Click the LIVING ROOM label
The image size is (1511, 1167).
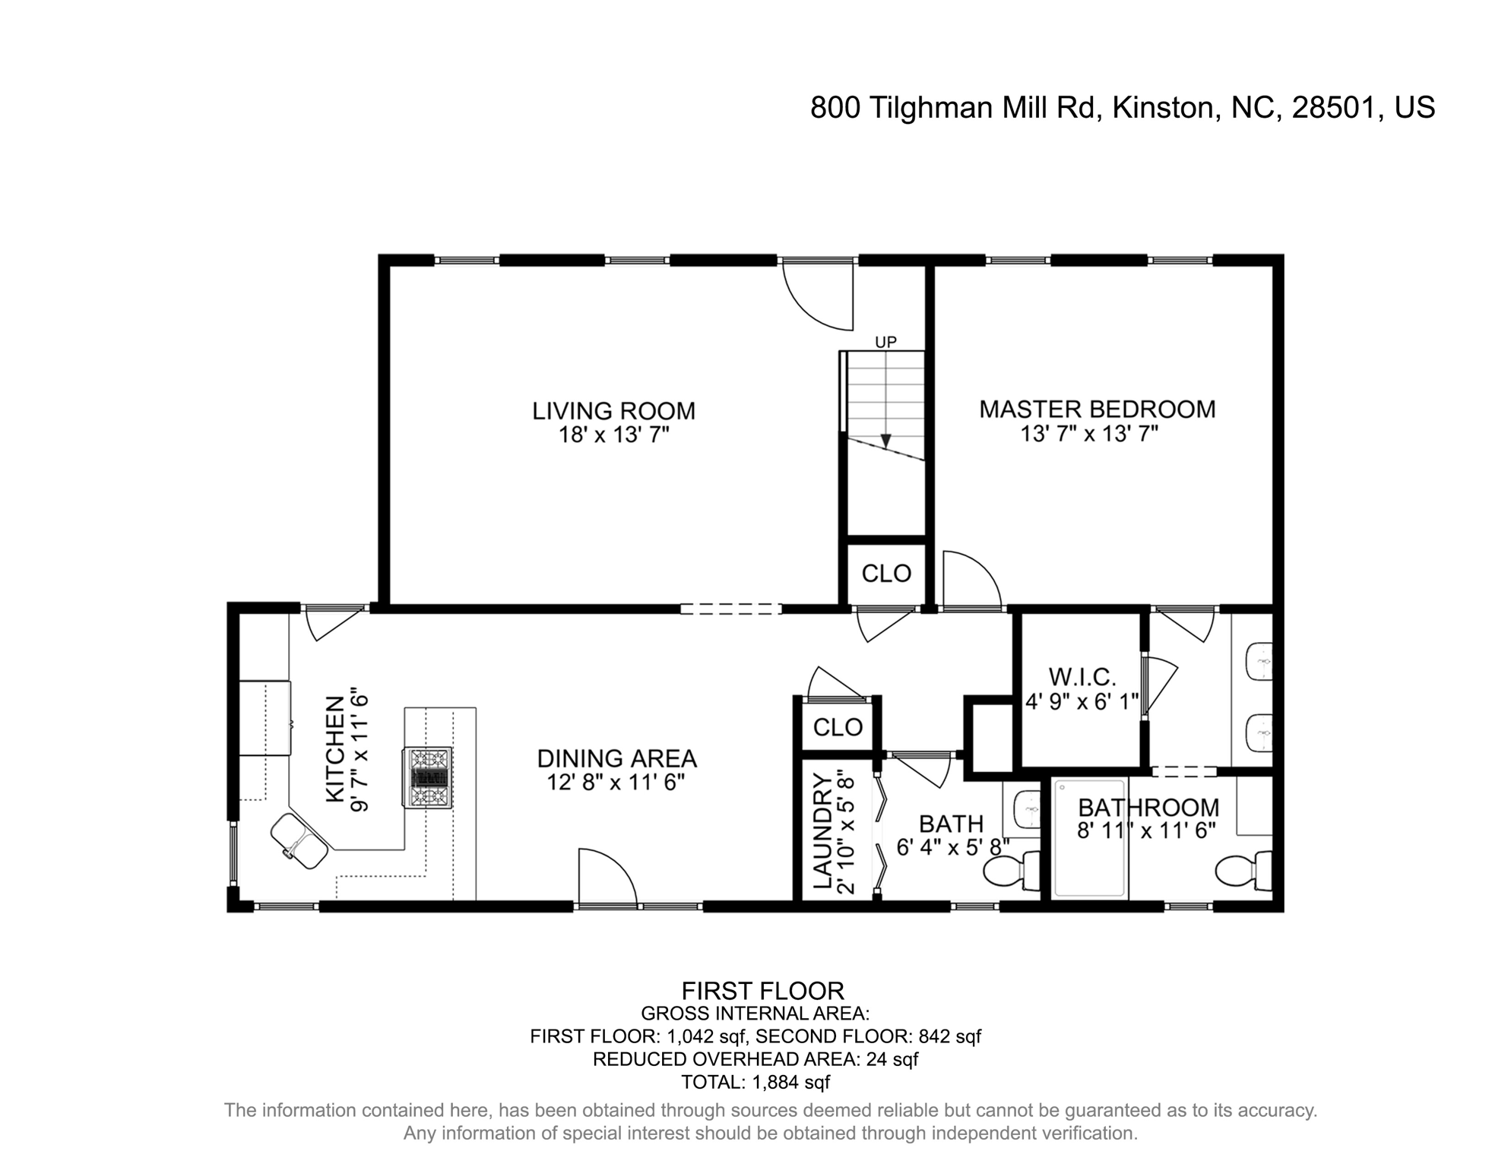[613, 411]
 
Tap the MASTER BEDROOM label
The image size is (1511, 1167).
[1097, 410]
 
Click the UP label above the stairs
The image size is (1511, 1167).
[885, 343]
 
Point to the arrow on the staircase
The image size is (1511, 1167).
[885, 440]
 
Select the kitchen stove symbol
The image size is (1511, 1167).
[427, 777]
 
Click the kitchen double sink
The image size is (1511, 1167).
[299, 841]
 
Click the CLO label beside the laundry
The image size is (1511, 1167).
[838, 728]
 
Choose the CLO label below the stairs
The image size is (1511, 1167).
[886, 574]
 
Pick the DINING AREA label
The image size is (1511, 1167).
[616, 758]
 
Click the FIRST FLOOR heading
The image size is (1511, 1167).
[762, 991]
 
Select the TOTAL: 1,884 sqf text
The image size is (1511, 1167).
[755, 1082]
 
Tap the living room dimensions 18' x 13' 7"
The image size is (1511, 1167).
[613, 435]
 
